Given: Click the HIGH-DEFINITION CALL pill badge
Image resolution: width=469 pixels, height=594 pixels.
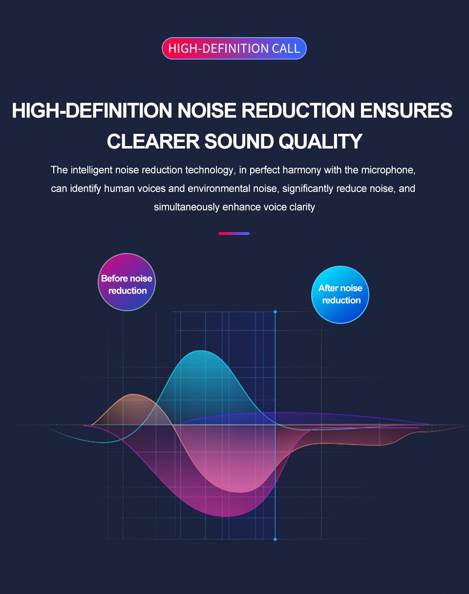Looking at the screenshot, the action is tap(234, 48).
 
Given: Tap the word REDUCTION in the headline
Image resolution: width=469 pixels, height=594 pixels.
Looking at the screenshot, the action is tap(298, 110).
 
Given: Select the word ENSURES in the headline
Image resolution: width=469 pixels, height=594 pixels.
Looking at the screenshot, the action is tap(406, 110).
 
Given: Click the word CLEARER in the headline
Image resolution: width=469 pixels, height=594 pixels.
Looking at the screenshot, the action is tap(153, 141).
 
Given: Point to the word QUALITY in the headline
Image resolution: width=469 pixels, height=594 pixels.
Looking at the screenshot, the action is tap(320, 142).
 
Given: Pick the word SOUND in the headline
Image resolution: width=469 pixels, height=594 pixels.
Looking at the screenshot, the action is tap(239, 141).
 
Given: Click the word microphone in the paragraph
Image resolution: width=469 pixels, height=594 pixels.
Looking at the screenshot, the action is tap(388, 170).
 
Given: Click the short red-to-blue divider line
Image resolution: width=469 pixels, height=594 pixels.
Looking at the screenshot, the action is tap(234, 233).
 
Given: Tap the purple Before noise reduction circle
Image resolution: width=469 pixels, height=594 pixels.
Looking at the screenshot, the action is tap(127, 282).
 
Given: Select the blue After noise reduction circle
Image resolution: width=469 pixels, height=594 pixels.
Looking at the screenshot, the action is tap(340, 295).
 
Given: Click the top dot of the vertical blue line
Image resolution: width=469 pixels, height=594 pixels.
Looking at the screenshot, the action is tap(275, 312).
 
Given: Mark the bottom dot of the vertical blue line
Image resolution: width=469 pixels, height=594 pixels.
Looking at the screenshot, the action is tap(275, 539).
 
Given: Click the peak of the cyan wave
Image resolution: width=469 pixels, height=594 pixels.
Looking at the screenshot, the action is tap(201, 351).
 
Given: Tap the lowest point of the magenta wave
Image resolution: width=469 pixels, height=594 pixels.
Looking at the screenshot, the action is tap(226, 516).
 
